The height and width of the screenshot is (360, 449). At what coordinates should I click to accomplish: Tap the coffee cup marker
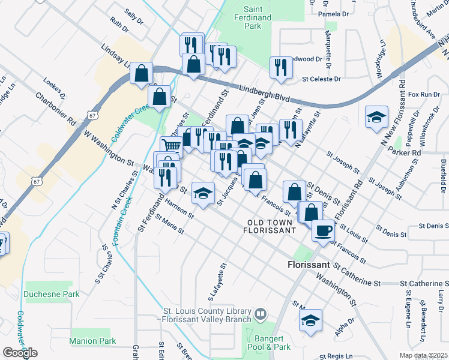(x=323, y=230)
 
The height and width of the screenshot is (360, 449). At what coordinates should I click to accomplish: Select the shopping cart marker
(x=172, y=145)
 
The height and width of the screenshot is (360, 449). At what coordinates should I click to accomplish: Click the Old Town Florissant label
(x=271, y=226)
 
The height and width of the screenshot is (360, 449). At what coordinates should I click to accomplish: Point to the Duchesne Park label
(x=52, y=295)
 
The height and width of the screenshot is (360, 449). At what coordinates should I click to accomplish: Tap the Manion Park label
(x=92, y=341)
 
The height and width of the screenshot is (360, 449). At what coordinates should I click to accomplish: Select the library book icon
(x=261, y=313)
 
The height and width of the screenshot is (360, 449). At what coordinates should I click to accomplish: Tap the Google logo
(x=20, y=352)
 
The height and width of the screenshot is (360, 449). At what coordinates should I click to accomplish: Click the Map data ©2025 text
(x=424, y=355)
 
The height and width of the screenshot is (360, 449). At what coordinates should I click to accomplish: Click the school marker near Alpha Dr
(x=310, y=319)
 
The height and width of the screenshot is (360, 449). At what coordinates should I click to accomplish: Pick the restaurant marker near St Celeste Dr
(x=280, y=67)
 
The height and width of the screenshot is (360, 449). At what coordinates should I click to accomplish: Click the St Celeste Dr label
(x=321, y=79)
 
